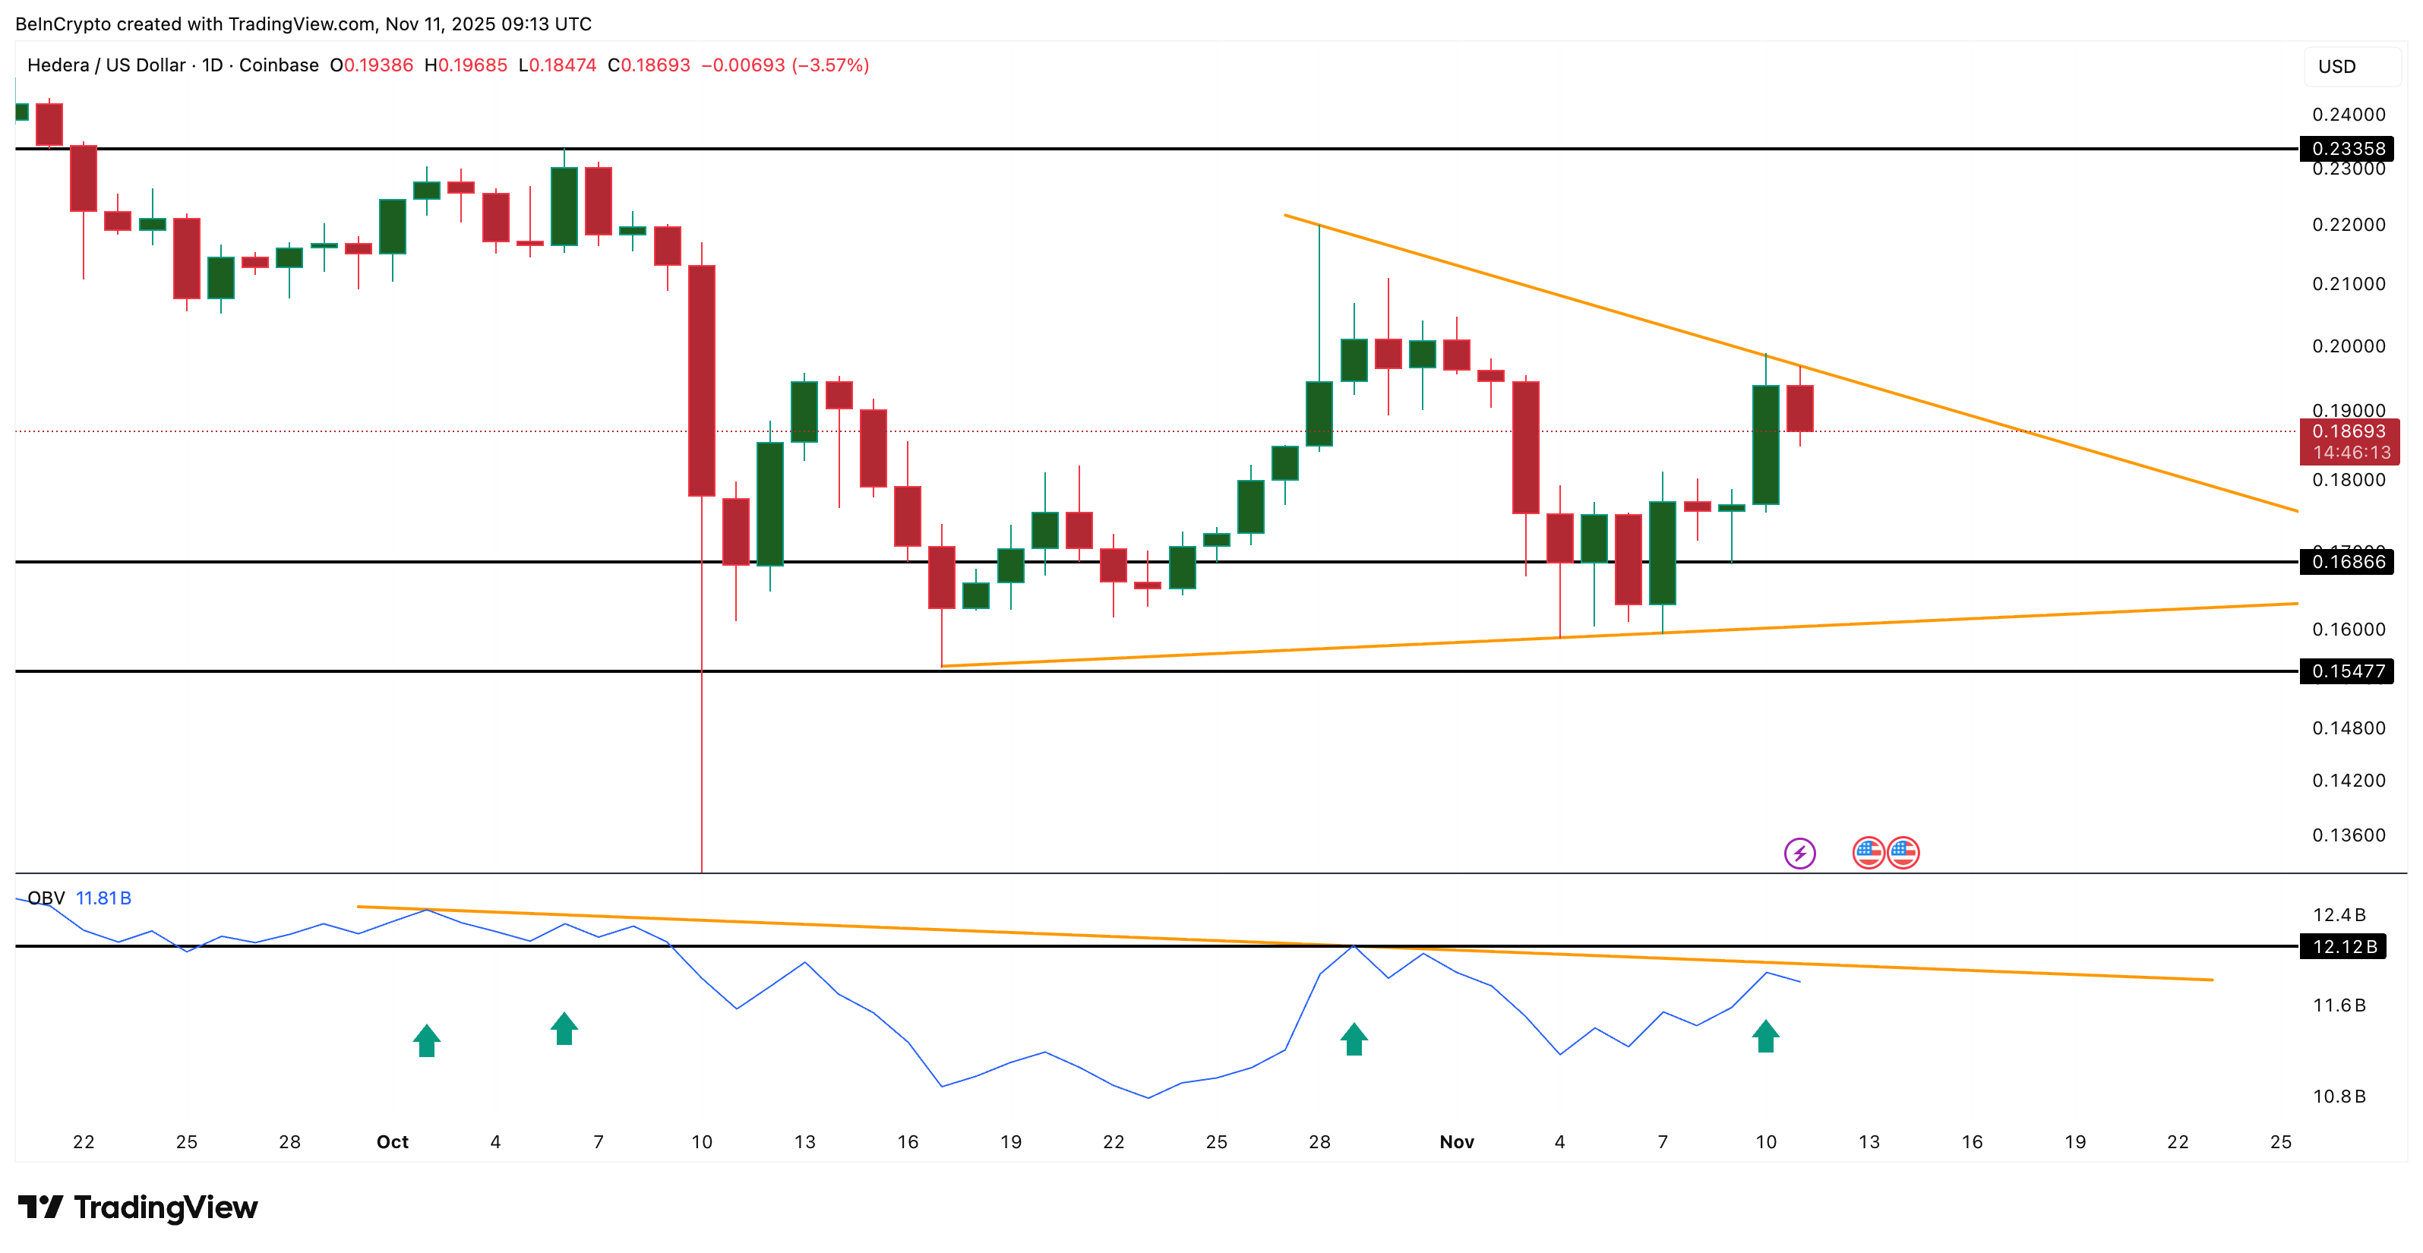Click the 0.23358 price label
click(2348, 149)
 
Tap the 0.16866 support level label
click(2348, 562)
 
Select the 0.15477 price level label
click(2348, 671)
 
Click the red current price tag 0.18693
click(2348, 432)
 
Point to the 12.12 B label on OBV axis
click(2344, 946)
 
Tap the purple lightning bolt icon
click(1799, 854)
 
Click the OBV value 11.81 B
click(103, 898)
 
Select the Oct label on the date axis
click(392, 1142)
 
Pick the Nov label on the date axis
click(1456, 1142)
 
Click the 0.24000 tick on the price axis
click(2348, 115)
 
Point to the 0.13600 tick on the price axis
click(2348, 835)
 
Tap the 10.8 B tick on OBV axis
click(2339, 1096)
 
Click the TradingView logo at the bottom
click(137, 1207)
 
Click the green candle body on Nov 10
click(1765, 444)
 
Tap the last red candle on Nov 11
click(1799, 409)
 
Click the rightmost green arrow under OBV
click(1765, 1037)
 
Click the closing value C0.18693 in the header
click(649, 65)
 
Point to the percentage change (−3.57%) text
click(829, 65)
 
